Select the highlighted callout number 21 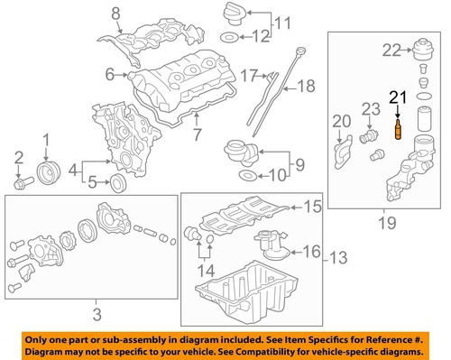[398, 98]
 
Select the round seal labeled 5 [115, 185]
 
